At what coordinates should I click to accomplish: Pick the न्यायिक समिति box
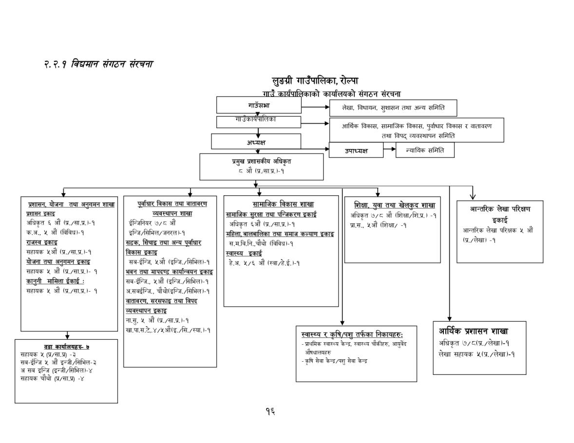[x=425, y=150]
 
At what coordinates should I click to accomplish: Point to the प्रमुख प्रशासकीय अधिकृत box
[x=262, y=166]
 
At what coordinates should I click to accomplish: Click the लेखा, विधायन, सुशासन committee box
[x=393, y=107]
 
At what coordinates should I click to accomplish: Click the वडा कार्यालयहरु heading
[x=67, y=347]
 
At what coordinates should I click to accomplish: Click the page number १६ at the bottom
[x=270, y=411]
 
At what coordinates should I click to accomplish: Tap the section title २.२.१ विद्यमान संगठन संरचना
[x=98, y=64]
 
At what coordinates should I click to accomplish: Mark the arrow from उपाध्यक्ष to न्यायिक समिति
[x=389, y=149]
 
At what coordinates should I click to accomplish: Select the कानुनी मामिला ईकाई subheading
[x=56, y=281]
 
